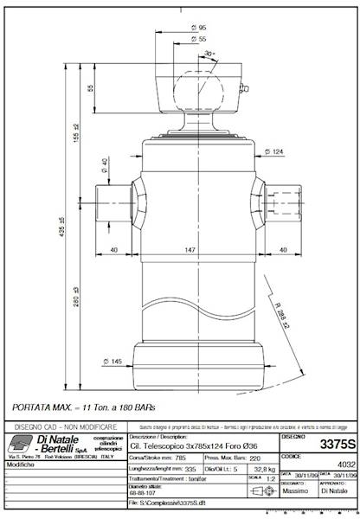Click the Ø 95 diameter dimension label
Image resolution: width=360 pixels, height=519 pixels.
pyautogui.click(x=201, y=28)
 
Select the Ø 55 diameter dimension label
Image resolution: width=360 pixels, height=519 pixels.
pyautogui.click(x=201, y=40)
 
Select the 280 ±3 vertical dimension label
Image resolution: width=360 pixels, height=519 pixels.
pyautogui.click(x=76, y=299)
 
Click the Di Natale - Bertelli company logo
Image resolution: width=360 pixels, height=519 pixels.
pyautogui.click(x=52, y=444)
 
